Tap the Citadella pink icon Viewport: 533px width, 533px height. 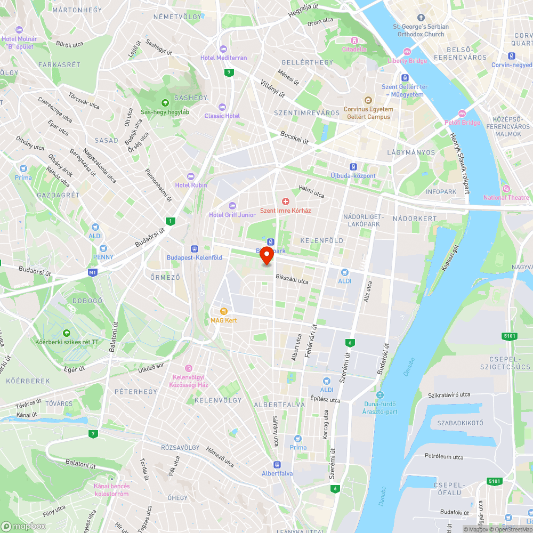[354, 41]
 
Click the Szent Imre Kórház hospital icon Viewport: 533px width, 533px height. [286, 202]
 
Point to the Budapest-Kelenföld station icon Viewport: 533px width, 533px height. [194, 249]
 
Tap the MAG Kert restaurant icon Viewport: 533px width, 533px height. [224, 311]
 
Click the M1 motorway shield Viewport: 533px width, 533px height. [93, 273]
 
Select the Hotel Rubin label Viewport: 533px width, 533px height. [191, 185]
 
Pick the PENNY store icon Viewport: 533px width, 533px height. [103, 248]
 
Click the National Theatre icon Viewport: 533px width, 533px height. [506, 189]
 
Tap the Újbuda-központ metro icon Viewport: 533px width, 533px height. [353, 167]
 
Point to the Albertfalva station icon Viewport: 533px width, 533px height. [277, 465]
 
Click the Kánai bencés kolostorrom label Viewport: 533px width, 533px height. [111, 490]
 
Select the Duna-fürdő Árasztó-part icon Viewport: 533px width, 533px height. [379, 395]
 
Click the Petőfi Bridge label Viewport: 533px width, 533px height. [463, 123]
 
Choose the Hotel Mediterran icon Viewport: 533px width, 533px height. [223, 49]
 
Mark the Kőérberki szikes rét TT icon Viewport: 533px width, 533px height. [67, 333]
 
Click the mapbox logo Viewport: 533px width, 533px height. [24, 526]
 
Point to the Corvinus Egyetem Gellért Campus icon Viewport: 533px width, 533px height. [368, 100]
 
